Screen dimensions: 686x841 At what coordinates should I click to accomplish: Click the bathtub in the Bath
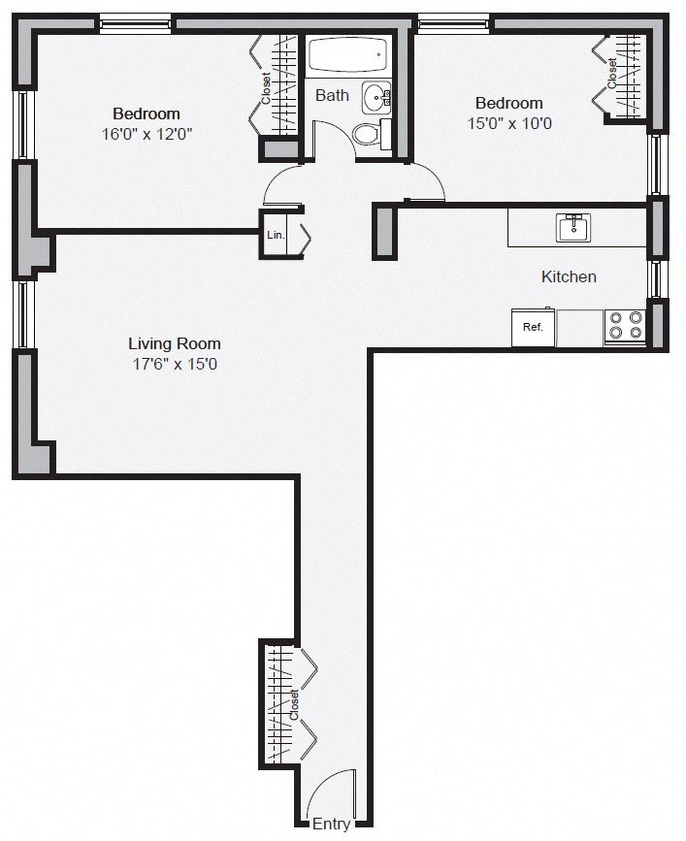click(348, 54)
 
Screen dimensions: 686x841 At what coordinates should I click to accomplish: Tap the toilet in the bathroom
click(373, 134)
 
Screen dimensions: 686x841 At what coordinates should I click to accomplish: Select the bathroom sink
click(376, 97)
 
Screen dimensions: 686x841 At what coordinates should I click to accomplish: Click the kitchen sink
click(572, 228)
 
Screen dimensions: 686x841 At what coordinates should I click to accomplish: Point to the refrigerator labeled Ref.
click(534, 327)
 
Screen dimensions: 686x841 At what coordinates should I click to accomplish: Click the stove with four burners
click(625, 327)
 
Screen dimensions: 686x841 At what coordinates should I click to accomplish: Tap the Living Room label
click(175, 343)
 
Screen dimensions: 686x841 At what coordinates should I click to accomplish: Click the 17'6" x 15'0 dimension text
click(175, 364)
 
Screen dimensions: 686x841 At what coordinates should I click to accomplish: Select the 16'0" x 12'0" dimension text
click(147, 134)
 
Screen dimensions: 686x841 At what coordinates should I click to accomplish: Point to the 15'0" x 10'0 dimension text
click(509, 123)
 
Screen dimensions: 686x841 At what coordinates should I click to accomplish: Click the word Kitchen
click(569, 276)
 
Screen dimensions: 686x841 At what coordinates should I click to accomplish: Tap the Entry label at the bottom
click(332, 824)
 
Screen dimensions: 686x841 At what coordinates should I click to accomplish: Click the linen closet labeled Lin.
click(276, 235)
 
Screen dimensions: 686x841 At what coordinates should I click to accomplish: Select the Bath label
click(332, 95)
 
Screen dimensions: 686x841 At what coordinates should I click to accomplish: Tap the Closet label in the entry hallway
click(294, 705)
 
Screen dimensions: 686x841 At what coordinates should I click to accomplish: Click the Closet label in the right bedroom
click(612, 73)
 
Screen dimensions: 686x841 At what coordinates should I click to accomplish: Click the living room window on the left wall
click(23, 314)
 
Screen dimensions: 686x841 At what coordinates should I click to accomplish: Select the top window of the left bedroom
click(136, 25)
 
